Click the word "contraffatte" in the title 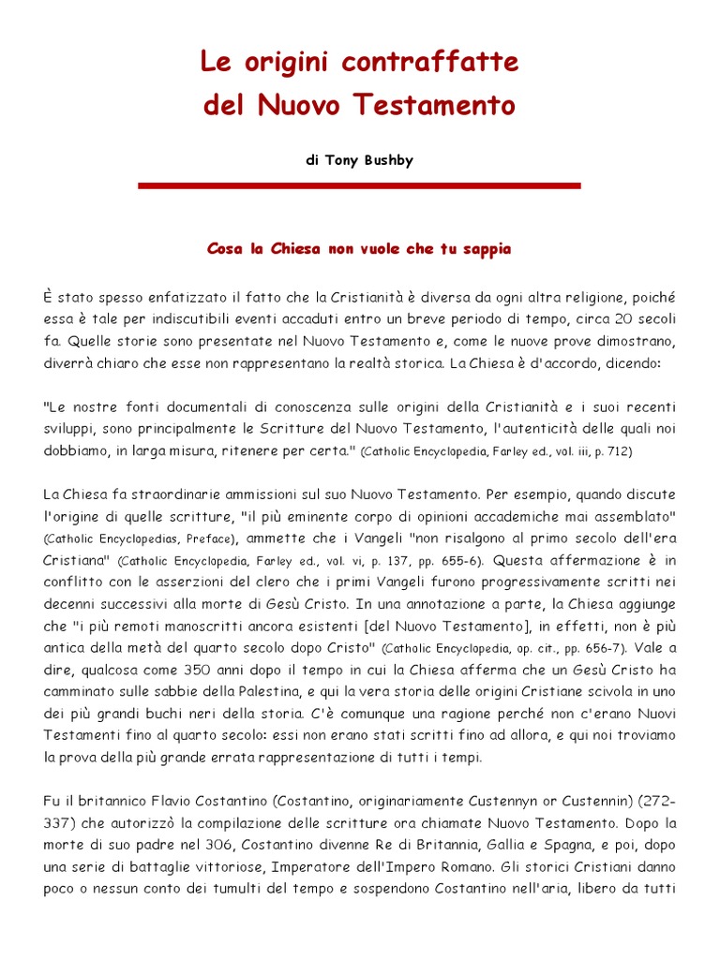(x=430, y=64)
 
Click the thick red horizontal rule (x=359, y=186)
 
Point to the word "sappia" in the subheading (x=483, y=249)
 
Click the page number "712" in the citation (x=619, y=452)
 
